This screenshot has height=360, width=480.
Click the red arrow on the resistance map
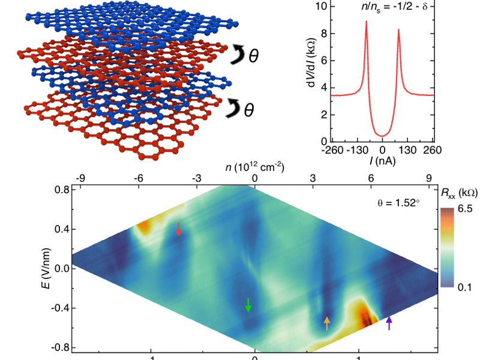(x=179, y=229)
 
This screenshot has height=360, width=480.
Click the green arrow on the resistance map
(x=248, y=305)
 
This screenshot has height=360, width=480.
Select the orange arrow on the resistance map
(x=326, y=323)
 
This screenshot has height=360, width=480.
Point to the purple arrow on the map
(x=389, y=323)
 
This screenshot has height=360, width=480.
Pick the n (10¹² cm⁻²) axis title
(x=255, y=166)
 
